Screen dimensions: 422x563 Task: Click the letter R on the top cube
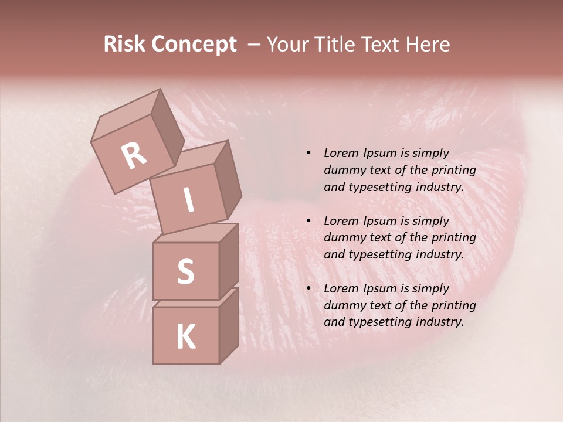pyautogui.click(x=134, y=155)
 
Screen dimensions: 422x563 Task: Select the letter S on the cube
pyautogui.click(x=185, y=272)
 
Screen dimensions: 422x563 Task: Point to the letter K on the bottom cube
pyautogui.click(x=185, y=337)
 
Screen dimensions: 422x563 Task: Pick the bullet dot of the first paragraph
pyautogui.click(x=308, y=154)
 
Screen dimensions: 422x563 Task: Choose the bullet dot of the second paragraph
pyautogui.click(x=308, y=221)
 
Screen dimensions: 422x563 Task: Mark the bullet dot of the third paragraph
pyautogui.click(x=308, y=288)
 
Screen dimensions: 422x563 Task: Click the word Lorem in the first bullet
pyautogui.click(x=341, y=153)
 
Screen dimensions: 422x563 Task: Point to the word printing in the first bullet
pyautogui.click(x=454, y=170)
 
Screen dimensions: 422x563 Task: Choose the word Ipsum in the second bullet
pyautogui.click(x=381, y=221)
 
